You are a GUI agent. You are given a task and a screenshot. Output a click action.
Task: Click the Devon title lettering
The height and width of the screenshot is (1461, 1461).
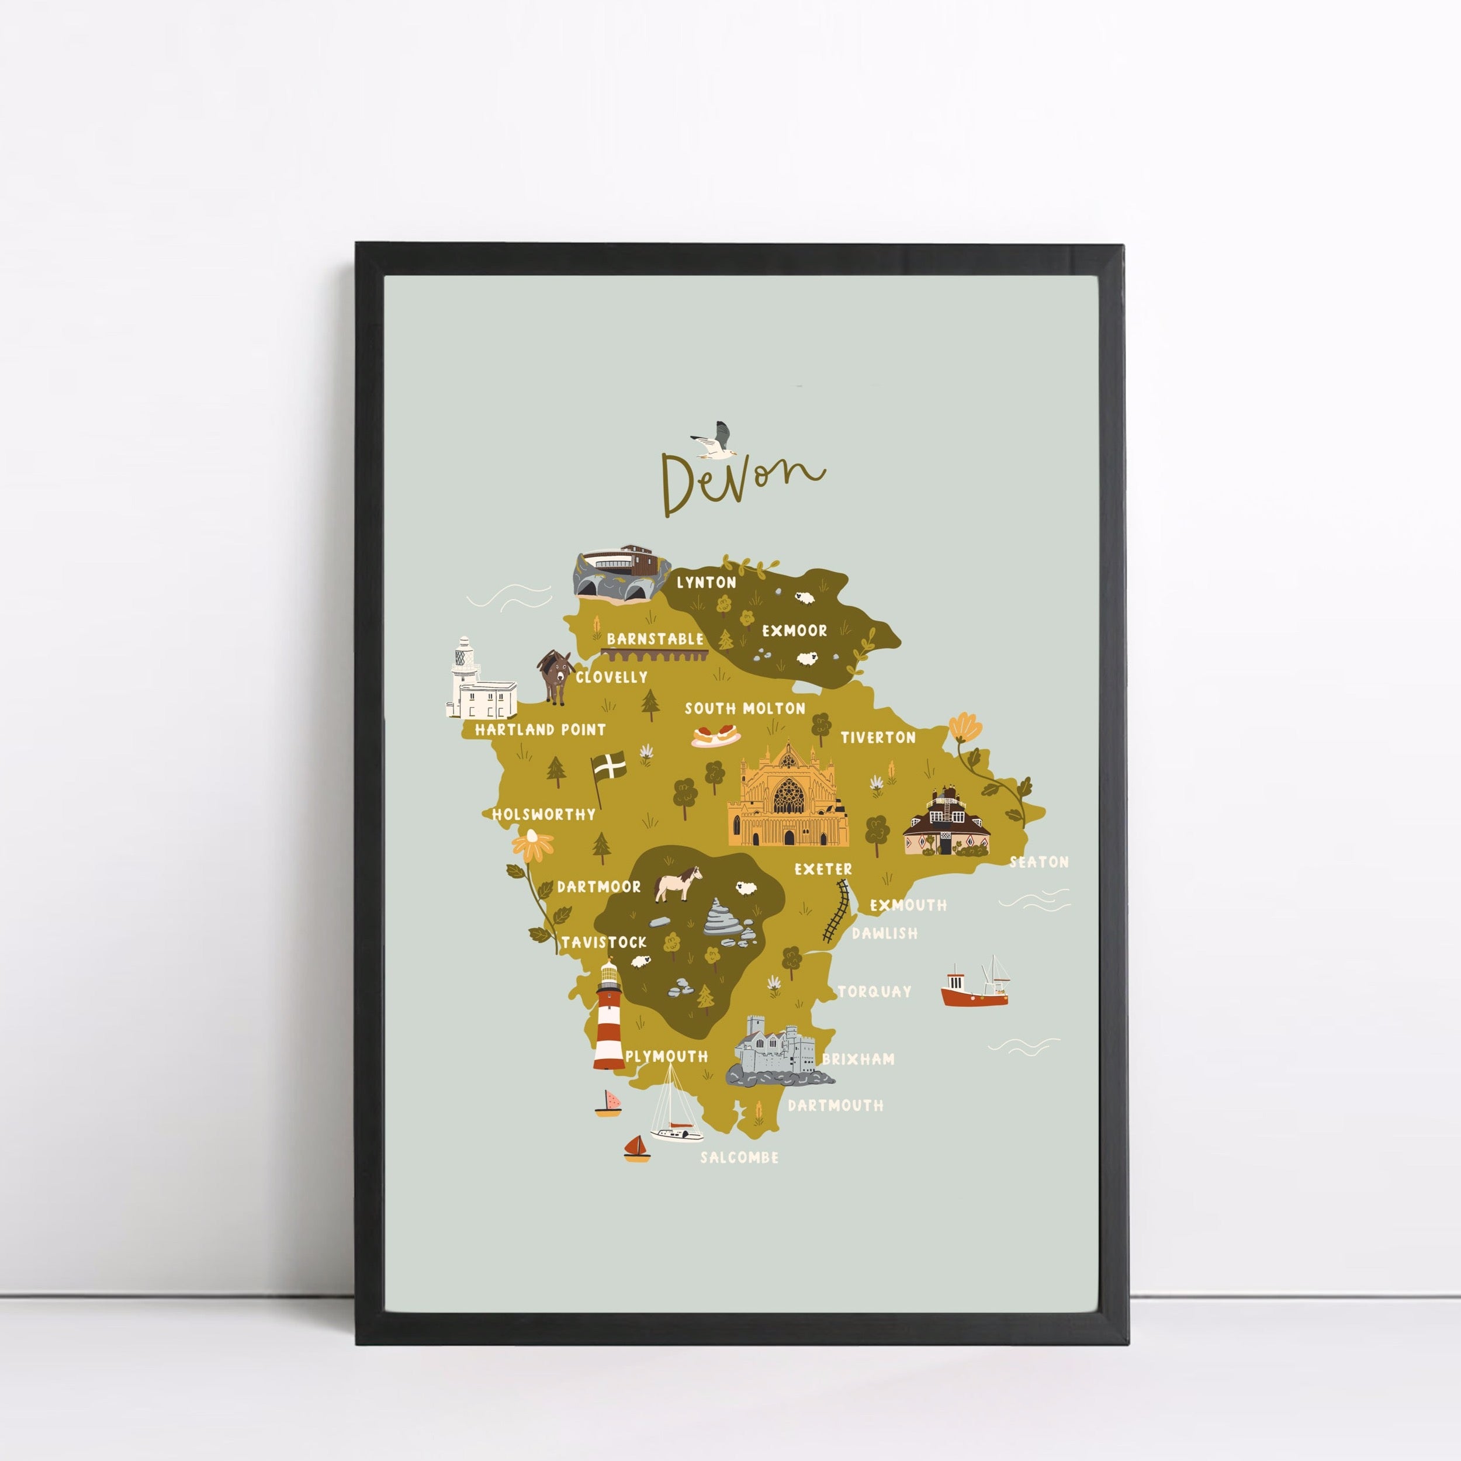click(x=741, y=482)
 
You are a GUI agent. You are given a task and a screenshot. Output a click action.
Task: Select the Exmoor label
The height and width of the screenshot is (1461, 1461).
click(x=794, y=631)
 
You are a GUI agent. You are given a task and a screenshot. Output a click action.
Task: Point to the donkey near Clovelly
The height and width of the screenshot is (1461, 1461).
click(x=556, y=677)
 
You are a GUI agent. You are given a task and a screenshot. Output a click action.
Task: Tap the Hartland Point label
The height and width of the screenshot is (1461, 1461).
click(x=540, y=730)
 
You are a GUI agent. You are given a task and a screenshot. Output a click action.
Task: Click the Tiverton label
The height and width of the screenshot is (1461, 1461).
click(x=878, y=738)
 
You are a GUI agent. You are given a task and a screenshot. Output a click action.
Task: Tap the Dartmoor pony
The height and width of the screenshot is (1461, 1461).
click(x=677, y=882)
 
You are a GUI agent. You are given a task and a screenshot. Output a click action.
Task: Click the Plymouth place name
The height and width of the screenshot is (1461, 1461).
click(x=666, y=1057)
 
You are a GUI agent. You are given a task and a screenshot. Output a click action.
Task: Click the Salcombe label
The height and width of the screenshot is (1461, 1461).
click(x=739, y=1158)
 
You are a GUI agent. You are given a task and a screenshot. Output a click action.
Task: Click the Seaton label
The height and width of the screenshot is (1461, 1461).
click(x=1039, y=862)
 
